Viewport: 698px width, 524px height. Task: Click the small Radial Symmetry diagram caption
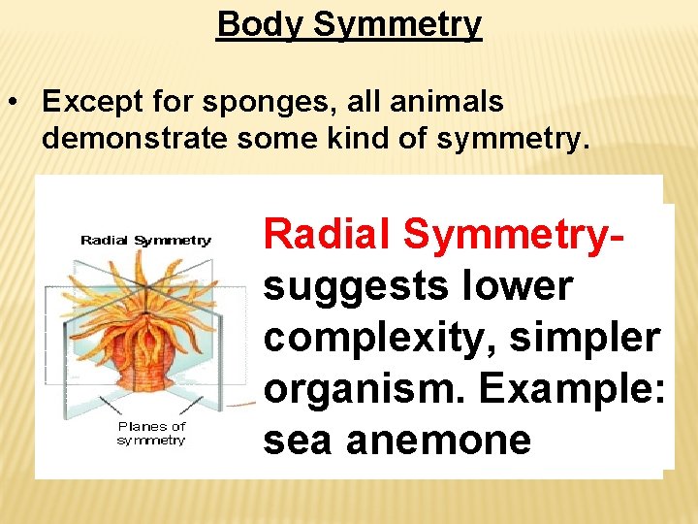pos(145,241)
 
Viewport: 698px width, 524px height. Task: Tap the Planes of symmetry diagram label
pos(151,433)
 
